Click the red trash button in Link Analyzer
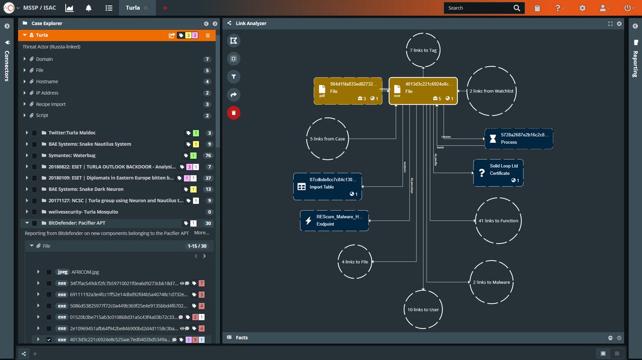(233, 112)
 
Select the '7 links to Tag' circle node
(423, 50)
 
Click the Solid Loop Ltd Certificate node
(498, 173)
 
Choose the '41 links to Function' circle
(498, 220)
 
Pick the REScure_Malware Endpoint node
(334, 220)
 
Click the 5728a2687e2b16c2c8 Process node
(518, 139)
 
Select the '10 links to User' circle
(423, 309)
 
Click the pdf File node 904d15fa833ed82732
(348, 91)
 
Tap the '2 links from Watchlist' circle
(491, 91)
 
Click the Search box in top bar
(479, 8)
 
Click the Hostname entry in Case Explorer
(47, 81)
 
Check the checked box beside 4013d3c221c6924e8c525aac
(49, 340)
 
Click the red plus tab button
(165, 8)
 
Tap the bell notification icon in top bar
(88, 8)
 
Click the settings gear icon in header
(582, 8)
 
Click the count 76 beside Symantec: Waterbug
(208, 156)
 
